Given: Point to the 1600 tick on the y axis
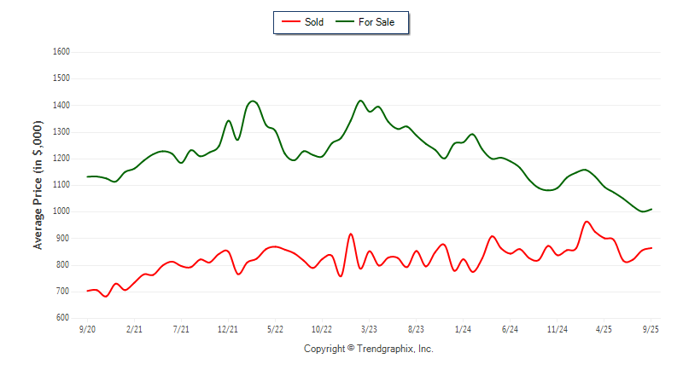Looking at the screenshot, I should point(61,52).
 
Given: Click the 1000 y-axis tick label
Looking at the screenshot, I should point(61,211).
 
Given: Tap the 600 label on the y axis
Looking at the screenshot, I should point(62,318).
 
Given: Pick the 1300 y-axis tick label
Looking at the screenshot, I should point(61,132).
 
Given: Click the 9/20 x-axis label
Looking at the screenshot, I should point(87,329).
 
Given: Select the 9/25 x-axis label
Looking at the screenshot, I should point(651,329).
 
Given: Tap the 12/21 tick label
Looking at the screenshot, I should point(228,329).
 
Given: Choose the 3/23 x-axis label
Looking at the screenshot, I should point(370,329).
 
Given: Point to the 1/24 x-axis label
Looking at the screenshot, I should point(464,329).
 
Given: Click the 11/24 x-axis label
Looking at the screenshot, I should point(557,329).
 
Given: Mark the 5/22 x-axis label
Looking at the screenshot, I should point(276,329).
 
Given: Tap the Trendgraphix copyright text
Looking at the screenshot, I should point(369,349).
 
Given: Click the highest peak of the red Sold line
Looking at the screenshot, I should point(587,222).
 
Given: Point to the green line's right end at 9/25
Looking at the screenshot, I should point(651,209).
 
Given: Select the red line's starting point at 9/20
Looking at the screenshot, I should point(87,291).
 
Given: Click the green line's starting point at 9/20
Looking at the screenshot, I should point(87,176).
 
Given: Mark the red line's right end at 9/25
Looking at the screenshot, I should point(651,248).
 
